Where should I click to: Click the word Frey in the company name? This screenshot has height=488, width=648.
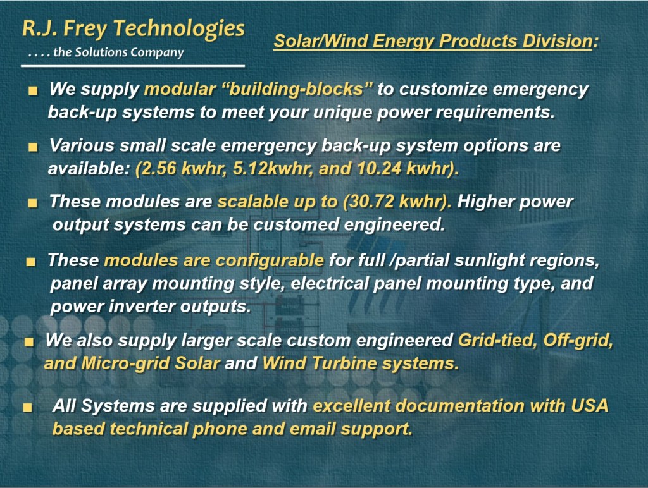(85, 29)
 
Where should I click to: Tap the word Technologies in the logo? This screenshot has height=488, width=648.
(179, 30)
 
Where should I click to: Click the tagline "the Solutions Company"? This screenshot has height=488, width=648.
(118, 52)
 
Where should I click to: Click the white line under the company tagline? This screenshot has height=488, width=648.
(133, 66)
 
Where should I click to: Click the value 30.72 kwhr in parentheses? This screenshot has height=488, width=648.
(397, 202)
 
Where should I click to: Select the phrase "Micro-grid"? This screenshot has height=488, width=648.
(126, 363)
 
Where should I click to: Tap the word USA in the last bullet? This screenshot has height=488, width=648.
(590, 405)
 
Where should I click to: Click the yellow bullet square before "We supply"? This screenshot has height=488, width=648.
(33, 90)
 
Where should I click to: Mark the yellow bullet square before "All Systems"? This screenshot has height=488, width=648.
(28, 408)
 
